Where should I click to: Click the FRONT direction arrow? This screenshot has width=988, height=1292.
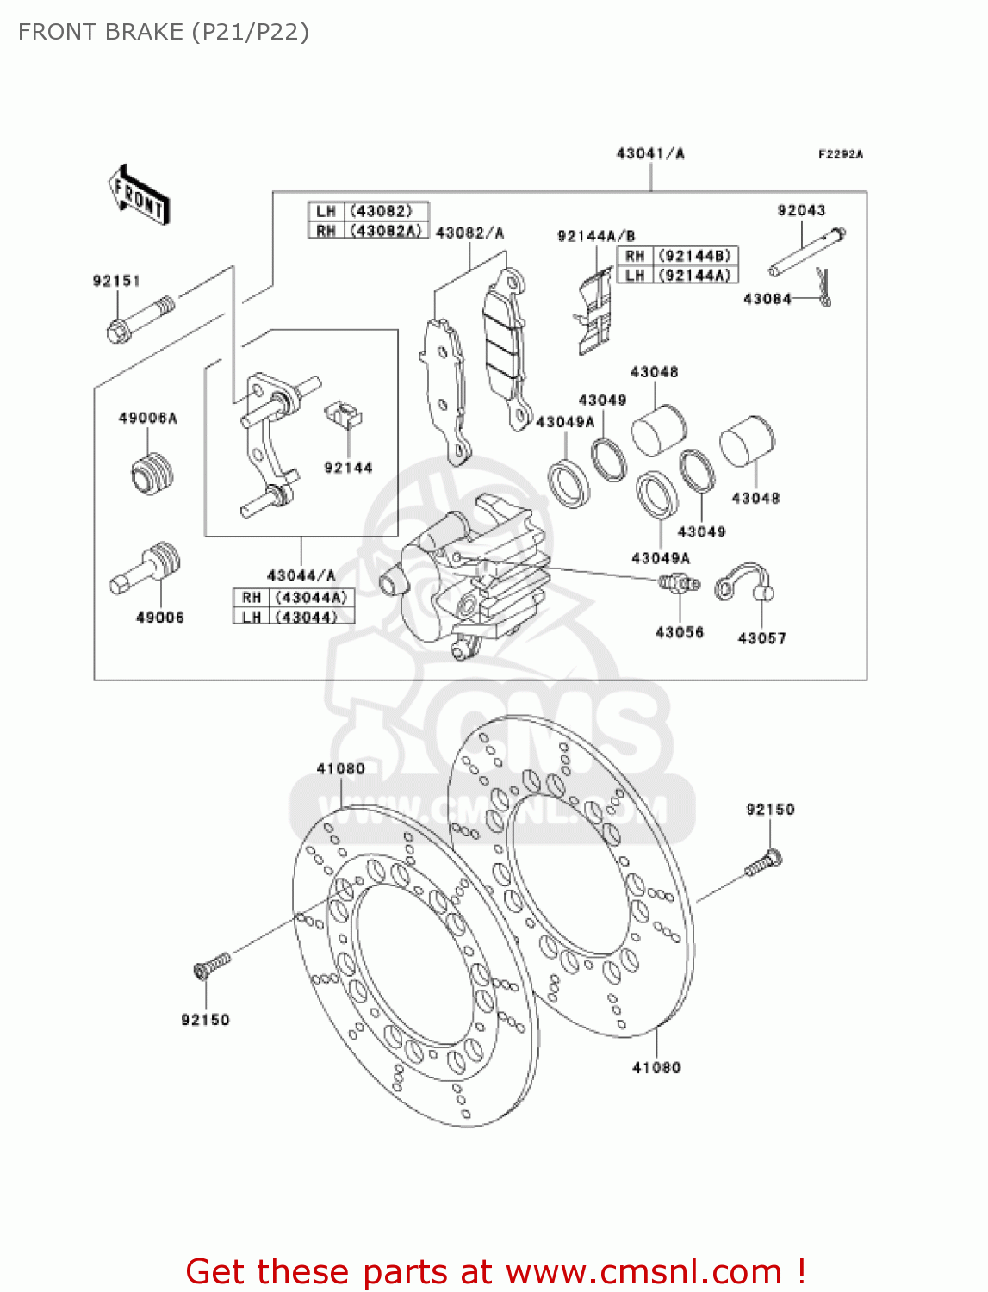(x=139, y=196)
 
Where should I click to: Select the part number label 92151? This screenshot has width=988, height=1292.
(x=116, y=281)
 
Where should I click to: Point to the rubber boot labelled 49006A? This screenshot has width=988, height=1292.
(x=152, y=473)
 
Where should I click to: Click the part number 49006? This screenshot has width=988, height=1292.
(x=160, y=618)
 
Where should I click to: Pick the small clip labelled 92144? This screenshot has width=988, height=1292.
(x=344, y=414)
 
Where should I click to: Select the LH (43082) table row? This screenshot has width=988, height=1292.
(x=368, y=211)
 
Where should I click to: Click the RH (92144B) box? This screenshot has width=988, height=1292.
(x=677, y=256)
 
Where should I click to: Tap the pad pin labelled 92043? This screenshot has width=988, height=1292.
(x=806, y=252)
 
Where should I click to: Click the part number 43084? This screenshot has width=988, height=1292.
(x=767, y=299)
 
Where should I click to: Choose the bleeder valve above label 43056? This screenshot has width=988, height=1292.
(x=679, y=584)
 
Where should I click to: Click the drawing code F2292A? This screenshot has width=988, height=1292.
(x=840, y=154)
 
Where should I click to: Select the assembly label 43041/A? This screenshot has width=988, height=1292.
(x=650, y=153)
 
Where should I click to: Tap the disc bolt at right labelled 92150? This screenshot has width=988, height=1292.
(x=764, y=863)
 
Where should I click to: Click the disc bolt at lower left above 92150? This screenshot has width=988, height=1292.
(x=212, y=964)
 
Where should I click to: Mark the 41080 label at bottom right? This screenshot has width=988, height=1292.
(x=656, y=1068)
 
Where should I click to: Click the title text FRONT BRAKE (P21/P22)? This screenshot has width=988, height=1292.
(x=164, y=32)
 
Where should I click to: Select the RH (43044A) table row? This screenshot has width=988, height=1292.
(x=294, y=598)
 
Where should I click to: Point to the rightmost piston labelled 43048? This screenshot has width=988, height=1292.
(x=747, y=441)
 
